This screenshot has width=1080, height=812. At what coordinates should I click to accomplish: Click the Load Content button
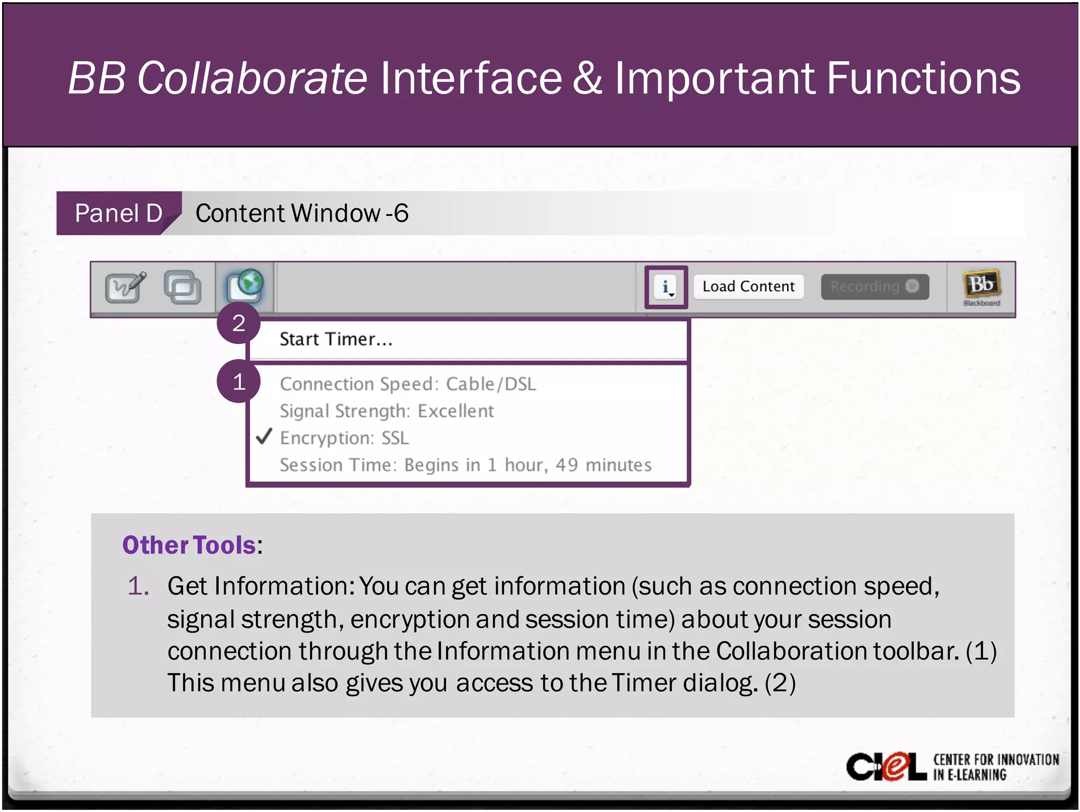click(x=748, y=286)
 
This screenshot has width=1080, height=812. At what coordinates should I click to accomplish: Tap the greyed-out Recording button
click(x=874, y=286)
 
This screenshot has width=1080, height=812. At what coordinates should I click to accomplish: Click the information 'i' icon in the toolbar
click(x=666, y=287)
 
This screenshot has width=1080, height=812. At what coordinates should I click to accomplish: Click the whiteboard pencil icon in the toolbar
click(x=126, y=288)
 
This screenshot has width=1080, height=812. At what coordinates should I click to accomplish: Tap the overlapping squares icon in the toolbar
click(x=182, y=288)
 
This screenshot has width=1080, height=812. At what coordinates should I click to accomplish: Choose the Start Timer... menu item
click(x=336, y=339)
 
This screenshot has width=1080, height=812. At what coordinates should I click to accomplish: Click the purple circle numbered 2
click(x=239, y=323)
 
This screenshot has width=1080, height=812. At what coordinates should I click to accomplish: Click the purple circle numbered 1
click(x=239, y=381)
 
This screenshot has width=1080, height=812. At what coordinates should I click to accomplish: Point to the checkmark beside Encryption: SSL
click(x=264, y=437)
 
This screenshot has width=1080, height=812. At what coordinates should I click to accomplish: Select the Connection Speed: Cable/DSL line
click(x=408, y=384)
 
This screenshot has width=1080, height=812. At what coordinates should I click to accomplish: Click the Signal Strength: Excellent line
click(x=387, y=411)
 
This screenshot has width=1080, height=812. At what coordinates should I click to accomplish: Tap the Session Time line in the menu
click(x=465, y=465)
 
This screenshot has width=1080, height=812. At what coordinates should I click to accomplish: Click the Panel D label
click(x=118, y=213)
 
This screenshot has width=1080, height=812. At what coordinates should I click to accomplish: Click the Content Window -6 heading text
click(x=302, y=213)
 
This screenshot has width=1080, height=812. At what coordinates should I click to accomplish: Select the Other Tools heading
click(x=189, y=545)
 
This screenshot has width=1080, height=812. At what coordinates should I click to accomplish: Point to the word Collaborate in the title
click(x=252, y=78)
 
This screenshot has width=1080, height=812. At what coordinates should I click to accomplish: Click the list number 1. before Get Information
click(x=138, y=586)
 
